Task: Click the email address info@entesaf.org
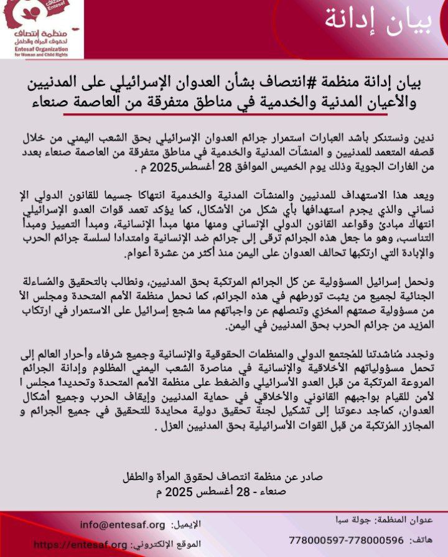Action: click(122, 524)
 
